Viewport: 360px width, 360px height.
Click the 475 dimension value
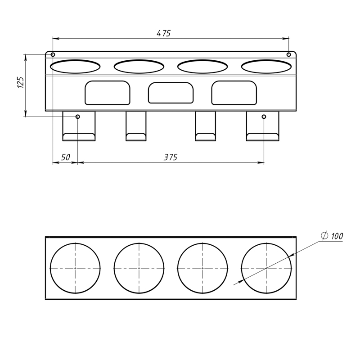point(164,33)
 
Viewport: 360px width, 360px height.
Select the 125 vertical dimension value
point(21,82)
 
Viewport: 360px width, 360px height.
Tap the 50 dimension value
point(65,157)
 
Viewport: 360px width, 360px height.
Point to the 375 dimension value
point(171,157)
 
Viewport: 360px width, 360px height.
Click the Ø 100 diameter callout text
point(332,236)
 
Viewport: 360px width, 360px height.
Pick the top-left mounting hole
point(53,54)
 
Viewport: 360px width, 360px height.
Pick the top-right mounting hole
point(289,54)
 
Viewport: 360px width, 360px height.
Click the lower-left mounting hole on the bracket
point(78,117)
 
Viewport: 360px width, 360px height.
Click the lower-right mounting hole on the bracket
point(264,117)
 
